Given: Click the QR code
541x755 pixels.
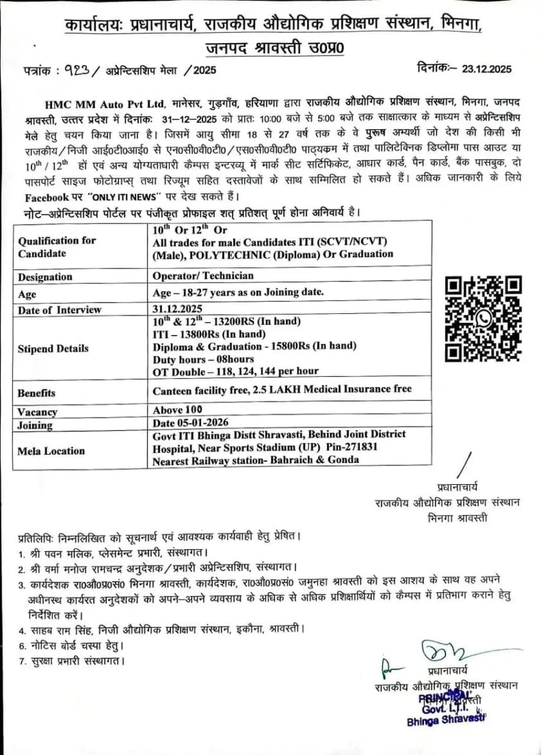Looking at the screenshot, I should (x=483, y=319).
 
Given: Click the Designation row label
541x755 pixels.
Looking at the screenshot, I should (x=45, y=277).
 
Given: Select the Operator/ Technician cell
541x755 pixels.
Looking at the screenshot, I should (x=203, y=275).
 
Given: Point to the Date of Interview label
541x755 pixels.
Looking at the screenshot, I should (x=60, y=310).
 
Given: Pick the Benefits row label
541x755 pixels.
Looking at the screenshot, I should (x=37, y=393).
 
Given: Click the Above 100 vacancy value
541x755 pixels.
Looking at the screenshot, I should (x=178, y=409).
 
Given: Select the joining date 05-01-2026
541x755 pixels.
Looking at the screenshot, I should (x=190, y=423).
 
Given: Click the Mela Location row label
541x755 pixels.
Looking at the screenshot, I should (x=51, y=451).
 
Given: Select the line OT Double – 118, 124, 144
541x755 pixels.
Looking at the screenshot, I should (x=235, y=371).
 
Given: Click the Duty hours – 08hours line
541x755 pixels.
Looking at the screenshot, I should (x=204, y=359).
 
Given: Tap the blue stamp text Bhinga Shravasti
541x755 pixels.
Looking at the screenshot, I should (x=445, y=722).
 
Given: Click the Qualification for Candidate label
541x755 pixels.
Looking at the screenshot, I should (x=57, y=247).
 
